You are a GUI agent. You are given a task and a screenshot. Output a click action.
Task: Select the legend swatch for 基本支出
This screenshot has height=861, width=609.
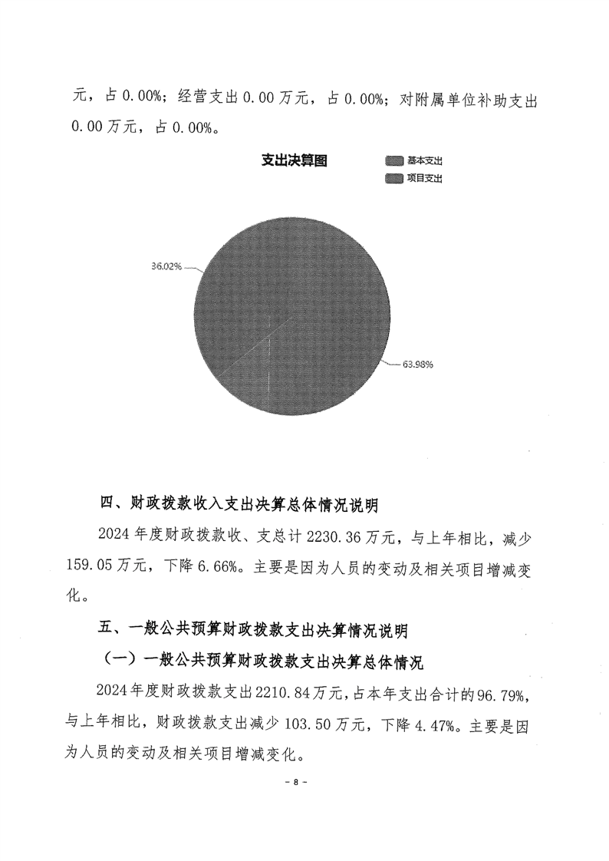[x=394, y=161]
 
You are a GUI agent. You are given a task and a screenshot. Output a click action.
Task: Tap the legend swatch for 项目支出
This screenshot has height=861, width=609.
[x=394, y=178]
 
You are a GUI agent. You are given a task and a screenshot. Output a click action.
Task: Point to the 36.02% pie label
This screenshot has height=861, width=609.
[x=166, y=266]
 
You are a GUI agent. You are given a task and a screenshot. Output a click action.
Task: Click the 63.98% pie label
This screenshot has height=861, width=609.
[x=418, y=365]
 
